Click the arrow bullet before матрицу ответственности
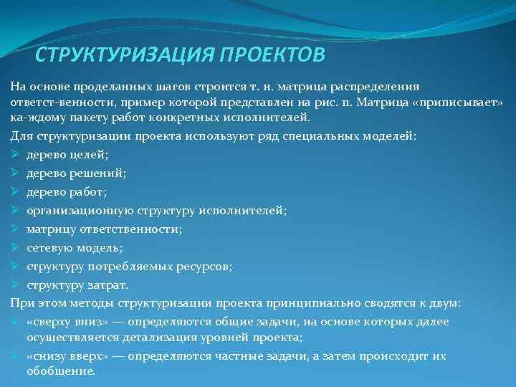(15, 229)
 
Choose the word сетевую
(51, 247)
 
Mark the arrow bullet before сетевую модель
(15, 247)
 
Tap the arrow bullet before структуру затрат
(15, 285)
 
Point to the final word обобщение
(60, 371)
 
